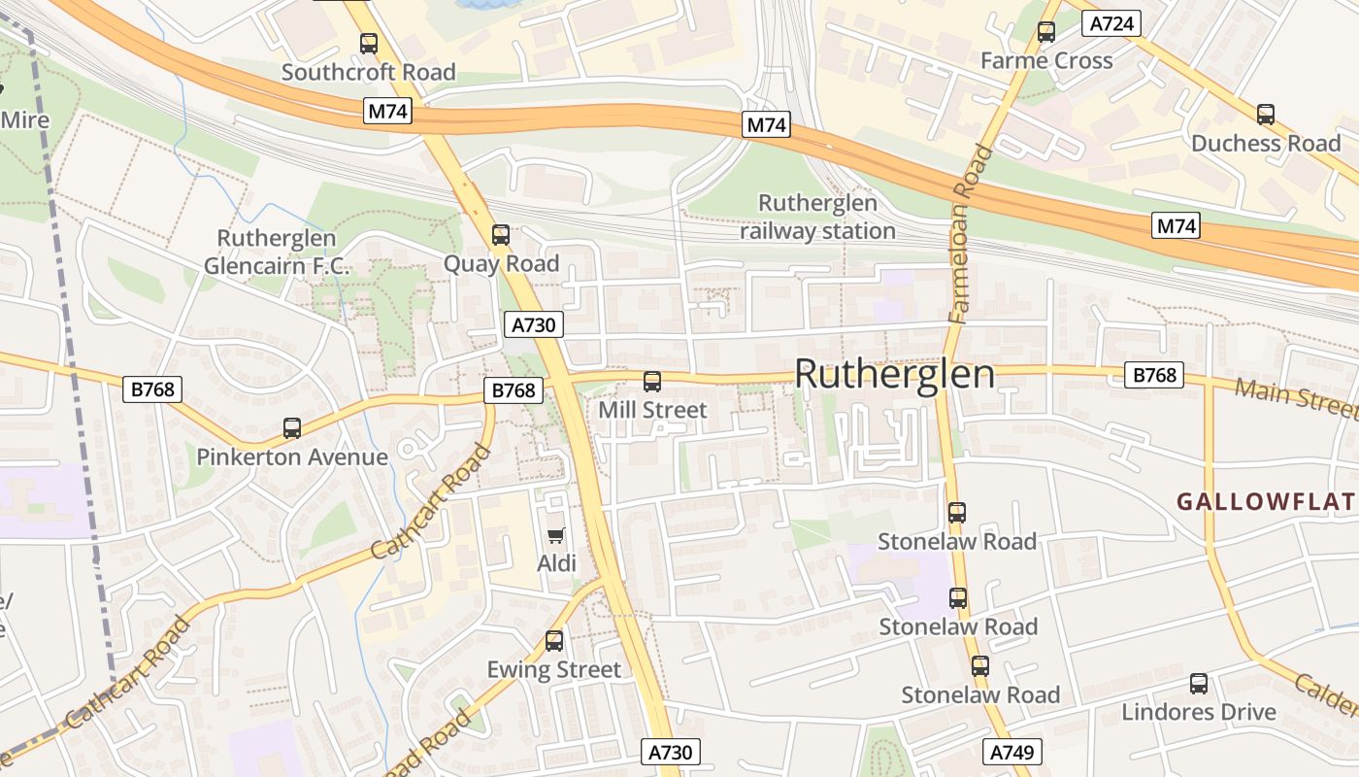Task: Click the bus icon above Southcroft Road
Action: click(x=369, y=43)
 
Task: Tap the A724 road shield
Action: click(x=1111, y=23)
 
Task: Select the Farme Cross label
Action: click(x=1046, y=60)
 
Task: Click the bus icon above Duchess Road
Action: click(x=1266, y=114)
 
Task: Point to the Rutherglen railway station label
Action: click(x=817, y=218)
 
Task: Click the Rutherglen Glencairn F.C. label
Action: click(x=277, y=253)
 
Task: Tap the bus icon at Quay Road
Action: click(x=501, y=234)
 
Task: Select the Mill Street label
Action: click(x=652, y=410)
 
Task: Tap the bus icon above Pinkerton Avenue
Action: click(x=292, y=427)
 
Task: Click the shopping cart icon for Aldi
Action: click(x=556, y=535)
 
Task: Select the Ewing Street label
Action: click(x=553, y=669)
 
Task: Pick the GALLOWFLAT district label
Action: click(x=1265, y=502)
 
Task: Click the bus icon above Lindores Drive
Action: click(x=1199, y=683)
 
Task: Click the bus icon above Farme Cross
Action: click(x=1046, y=31)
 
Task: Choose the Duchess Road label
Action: click(x=1266, y=143)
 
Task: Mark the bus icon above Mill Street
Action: click(x=652, y=381)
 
